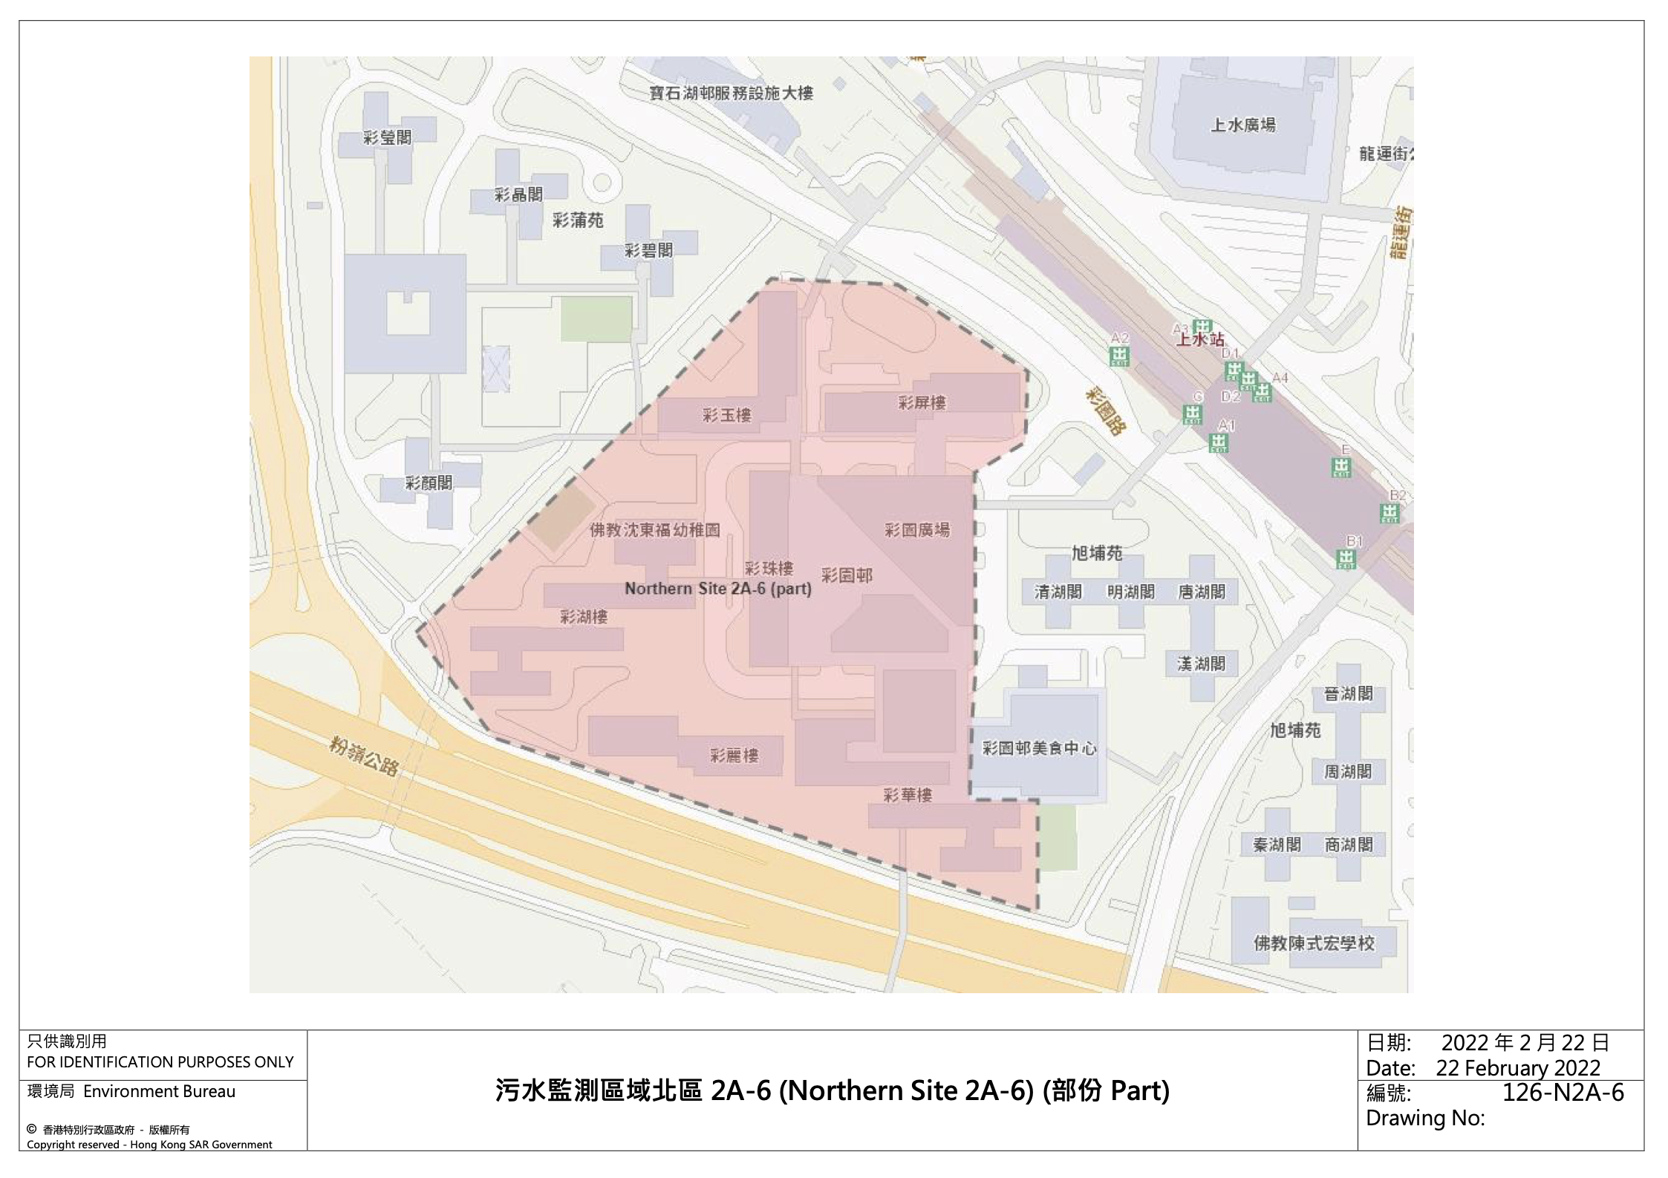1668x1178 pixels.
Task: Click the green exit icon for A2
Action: tap(1118, 357)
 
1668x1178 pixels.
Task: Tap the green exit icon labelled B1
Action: tap(1346, 558)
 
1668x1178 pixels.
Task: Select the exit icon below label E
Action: tap(1341, 467)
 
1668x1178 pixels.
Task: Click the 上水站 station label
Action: tap(1200, 340)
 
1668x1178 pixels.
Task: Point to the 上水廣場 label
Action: tap(1243, 125)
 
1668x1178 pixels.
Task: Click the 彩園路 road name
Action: tap(1106, 410)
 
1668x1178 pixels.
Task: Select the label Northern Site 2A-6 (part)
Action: tap(717, 589)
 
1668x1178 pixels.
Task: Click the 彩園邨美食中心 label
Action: tap(1039, 748)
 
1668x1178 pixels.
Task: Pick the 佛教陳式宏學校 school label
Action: tap(1314, 943)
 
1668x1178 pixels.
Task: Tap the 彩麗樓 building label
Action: tap(734, 756)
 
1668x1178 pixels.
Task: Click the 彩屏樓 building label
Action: tap(922, 402)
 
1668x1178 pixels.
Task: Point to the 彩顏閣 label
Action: tap(429, 482)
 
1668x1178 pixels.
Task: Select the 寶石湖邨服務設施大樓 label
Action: tap(731, 93)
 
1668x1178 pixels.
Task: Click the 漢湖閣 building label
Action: tap(1201, 663)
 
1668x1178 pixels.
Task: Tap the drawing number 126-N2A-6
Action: tap(1563, 1092)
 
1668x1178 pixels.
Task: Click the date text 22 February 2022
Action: tap(1517, 1067)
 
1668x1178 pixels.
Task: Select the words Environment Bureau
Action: tap(159, 1091)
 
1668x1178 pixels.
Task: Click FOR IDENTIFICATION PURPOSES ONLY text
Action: tap(160, 1061)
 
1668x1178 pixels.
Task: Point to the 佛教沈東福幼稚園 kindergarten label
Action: tap(654, 530)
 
